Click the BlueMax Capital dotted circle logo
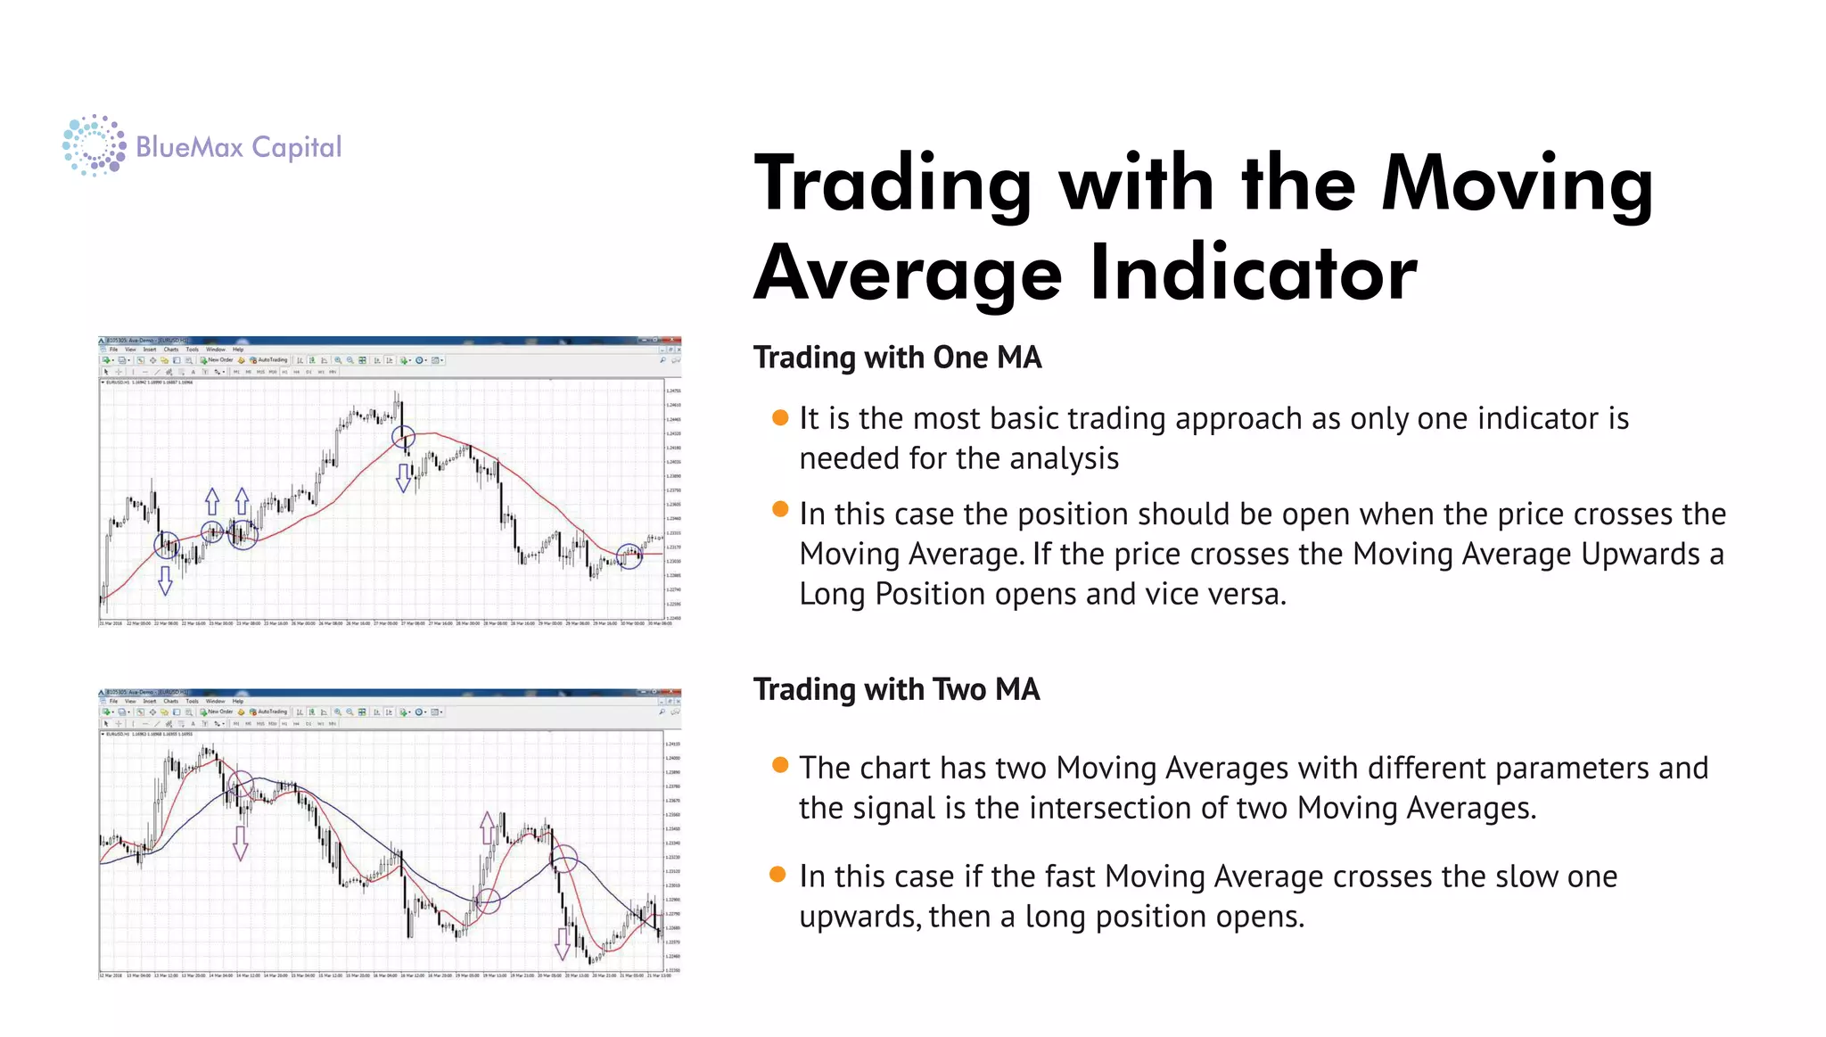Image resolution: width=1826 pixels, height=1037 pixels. click(94, 145)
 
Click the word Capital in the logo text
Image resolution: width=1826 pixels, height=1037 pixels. click(296, 148)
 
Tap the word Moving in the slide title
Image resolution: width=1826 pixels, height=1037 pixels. click(1516, 184)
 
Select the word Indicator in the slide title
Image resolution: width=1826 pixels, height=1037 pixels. click(1253, 273)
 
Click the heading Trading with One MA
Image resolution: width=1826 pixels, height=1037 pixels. click(897, 358)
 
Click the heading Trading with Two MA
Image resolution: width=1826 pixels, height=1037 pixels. click(896, 689)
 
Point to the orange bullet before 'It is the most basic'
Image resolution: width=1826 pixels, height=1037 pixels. click(780, 417)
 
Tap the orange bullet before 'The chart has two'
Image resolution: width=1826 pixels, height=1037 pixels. click(780, 765)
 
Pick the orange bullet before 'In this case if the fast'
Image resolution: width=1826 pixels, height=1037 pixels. click(777, 874)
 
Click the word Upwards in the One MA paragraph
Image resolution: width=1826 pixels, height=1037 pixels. click(1640, 555)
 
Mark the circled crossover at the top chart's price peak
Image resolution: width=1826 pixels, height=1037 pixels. click(404, 437)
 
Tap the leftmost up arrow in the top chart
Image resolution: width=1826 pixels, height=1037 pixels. click(212, 501)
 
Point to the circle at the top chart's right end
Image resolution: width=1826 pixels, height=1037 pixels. click(629, 556)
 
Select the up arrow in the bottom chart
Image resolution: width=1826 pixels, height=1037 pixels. click(487, 827)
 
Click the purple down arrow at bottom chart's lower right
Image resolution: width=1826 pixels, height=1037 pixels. click(563, 943)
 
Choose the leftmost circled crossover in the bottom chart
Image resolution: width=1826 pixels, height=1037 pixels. click(241, 785)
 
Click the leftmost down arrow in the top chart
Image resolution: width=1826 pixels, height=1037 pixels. click(165, 580)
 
